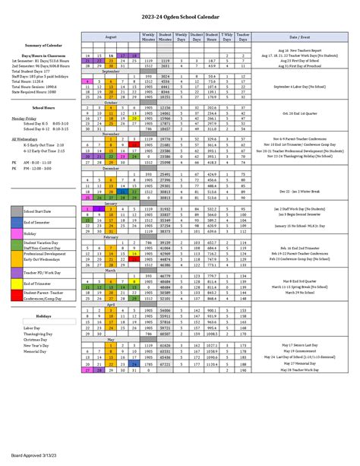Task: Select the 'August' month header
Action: pyautogui.click(x=111, y=36)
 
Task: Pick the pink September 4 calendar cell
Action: pyautogui.click(x=89, y=81)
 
